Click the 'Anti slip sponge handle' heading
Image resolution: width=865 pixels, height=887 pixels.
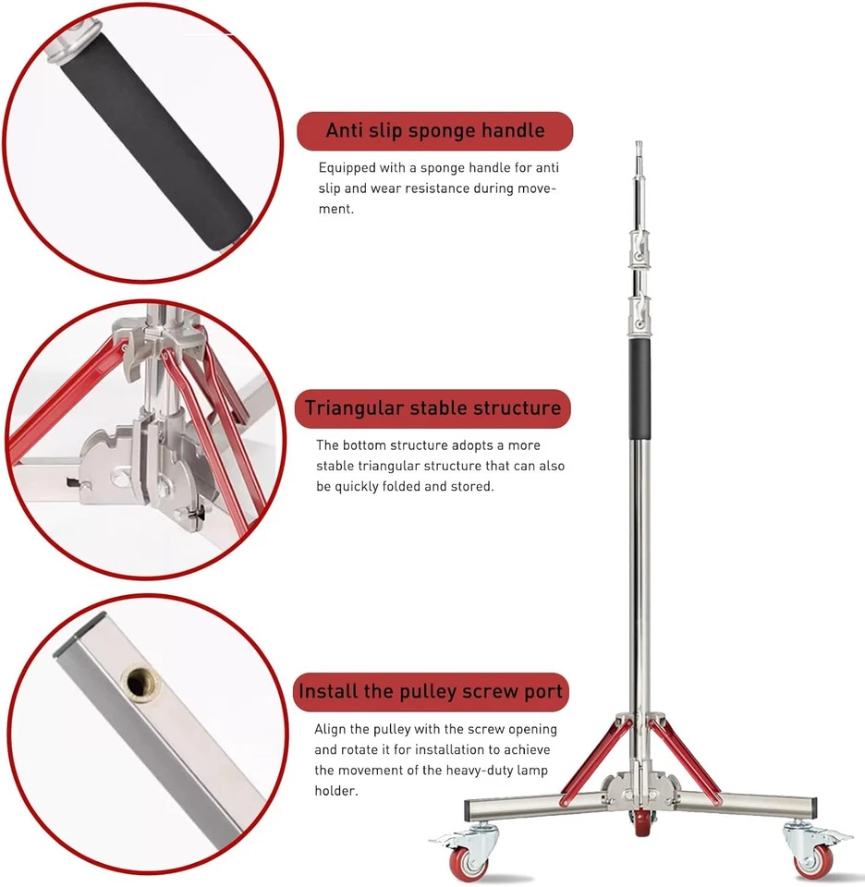434,130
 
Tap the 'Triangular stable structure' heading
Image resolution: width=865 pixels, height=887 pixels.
432,407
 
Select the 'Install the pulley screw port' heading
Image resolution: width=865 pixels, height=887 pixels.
431,691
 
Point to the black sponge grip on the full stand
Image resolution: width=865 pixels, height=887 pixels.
640,388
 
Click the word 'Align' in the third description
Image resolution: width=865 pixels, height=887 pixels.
332,729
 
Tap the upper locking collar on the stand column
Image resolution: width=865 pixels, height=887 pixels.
637,247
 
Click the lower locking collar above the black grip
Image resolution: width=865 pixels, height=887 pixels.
639,314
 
